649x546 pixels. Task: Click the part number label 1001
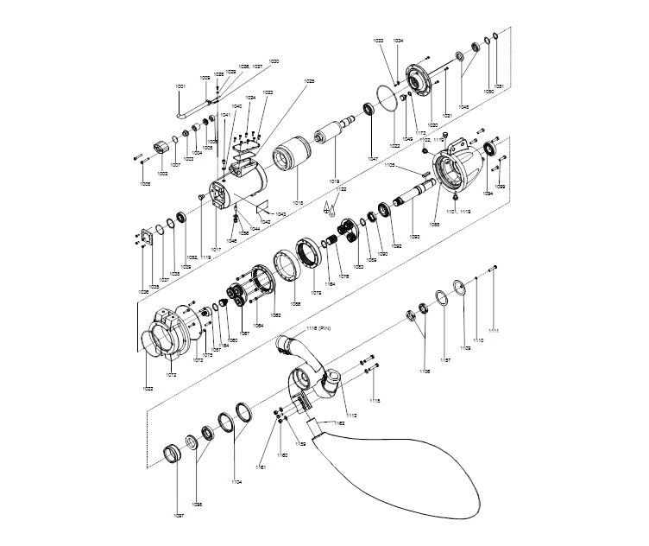coord(180,86)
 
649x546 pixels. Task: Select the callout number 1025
coord(308,80)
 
